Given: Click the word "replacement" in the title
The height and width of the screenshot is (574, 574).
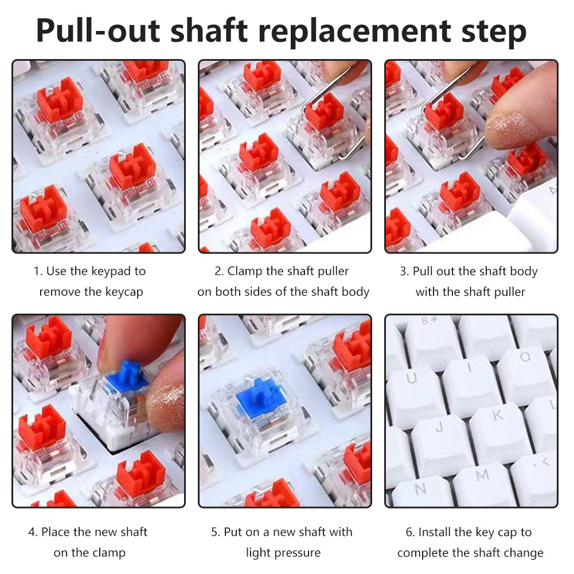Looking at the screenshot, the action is pyautogui.click(x=354, y=31).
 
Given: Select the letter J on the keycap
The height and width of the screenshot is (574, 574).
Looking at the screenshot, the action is pyautogui.click(x=440, y=427).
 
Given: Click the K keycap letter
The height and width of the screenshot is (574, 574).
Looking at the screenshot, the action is pyautogui.click(x=498, y=416).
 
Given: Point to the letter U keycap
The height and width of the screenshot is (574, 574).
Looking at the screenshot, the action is pyautogui.click(x=412, y=378).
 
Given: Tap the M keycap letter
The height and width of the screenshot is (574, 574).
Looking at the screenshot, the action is pyautogui.click(x=482, y=475).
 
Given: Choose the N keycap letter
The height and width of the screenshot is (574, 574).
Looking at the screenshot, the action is pyautogui.click(x=420, y=489).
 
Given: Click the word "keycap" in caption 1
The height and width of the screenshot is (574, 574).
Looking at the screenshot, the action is pyautogui.click(x=124, y=292).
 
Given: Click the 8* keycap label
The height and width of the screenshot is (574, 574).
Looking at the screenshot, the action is pyautogui.click(x=429, y=321).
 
